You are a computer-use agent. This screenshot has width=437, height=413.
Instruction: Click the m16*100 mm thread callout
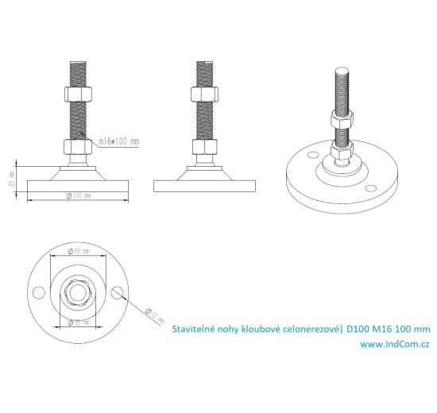[118, 141]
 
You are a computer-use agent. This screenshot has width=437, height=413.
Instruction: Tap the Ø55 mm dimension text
[77, 250]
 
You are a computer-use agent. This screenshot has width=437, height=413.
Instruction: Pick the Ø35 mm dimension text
[77, 322]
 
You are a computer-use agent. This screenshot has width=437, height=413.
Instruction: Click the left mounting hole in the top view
[37, 292]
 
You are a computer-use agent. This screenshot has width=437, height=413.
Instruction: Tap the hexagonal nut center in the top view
[77, 292]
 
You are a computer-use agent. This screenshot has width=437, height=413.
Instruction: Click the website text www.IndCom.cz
[395, 344]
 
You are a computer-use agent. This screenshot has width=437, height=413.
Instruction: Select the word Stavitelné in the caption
[194, 328]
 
